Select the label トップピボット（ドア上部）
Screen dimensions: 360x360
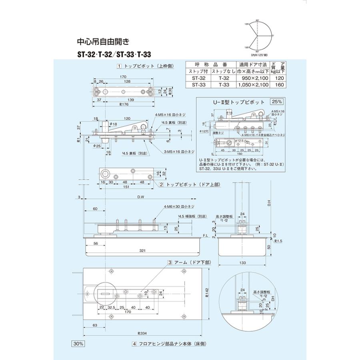188,184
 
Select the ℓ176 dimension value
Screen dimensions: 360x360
123,105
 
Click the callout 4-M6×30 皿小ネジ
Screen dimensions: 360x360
178,207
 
